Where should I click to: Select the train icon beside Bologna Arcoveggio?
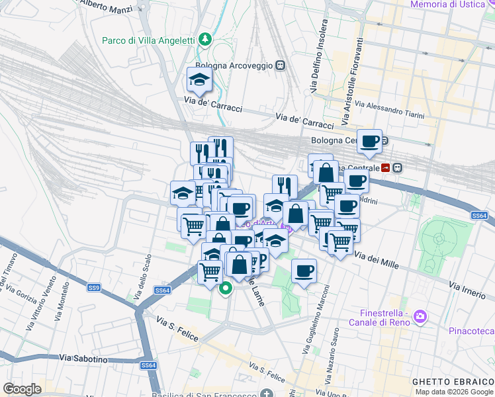click(281, 66)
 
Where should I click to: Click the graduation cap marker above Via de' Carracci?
click(199, 81)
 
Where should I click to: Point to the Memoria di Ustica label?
click(453, 5)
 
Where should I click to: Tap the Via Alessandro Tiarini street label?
click(390, 110)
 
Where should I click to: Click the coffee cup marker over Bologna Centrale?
click(371, 141)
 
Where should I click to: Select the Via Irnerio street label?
click(467, 288)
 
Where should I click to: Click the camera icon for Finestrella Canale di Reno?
click(419, 318)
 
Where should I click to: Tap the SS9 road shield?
click(94, 287)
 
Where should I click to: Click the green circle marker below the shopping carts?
click(226, 288)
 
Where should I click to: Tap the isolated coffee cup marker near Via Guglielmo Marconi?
click(304, 271)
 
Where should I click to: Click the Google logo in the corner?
click(22, 388)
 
